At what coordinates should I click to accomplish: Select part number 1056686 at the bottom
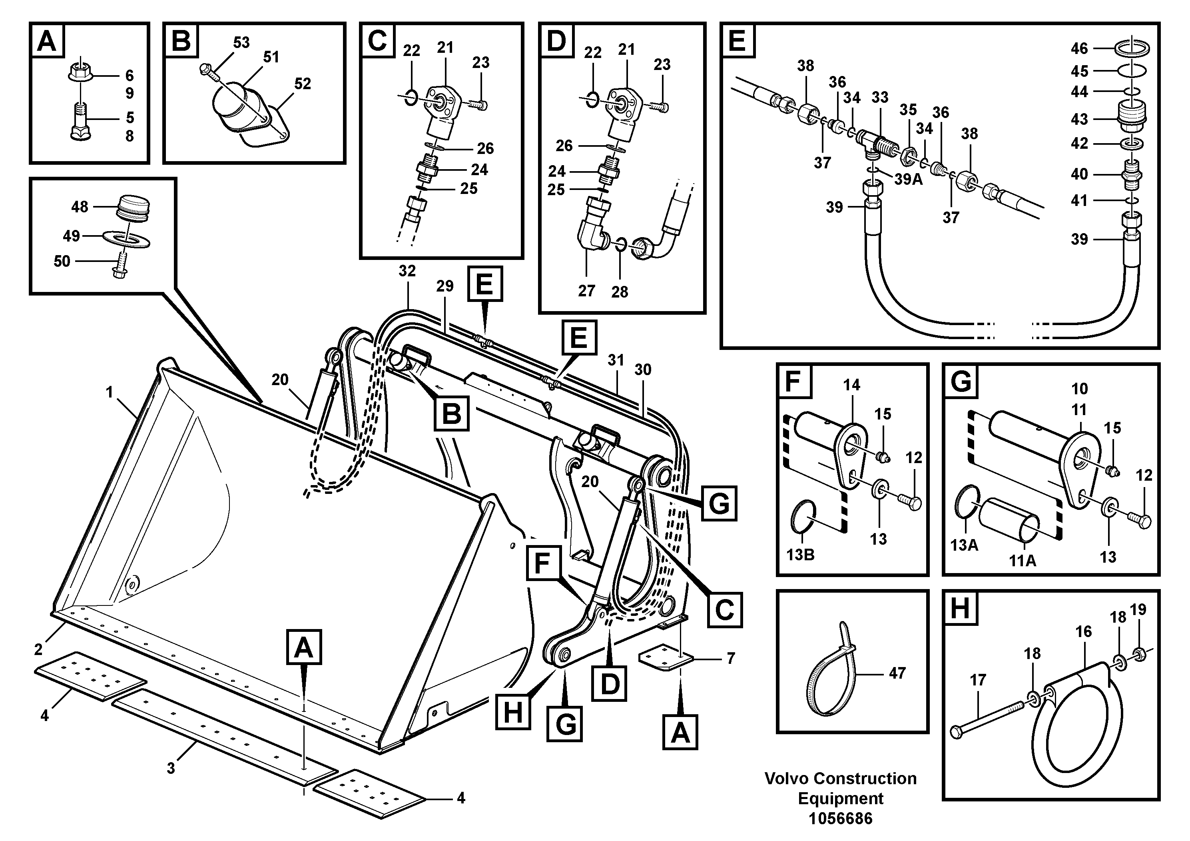[x=840, y=819]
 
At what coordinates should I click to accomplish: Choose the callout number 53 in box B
[x=241, y=42]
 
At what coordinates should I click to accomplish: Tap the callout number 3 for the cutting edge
[x=171, y=768]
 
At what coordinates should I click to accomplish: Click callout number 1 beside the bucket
[x=110, y=392]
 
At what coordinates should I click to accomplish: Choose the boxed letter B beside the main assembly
[x=451, y=413]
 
